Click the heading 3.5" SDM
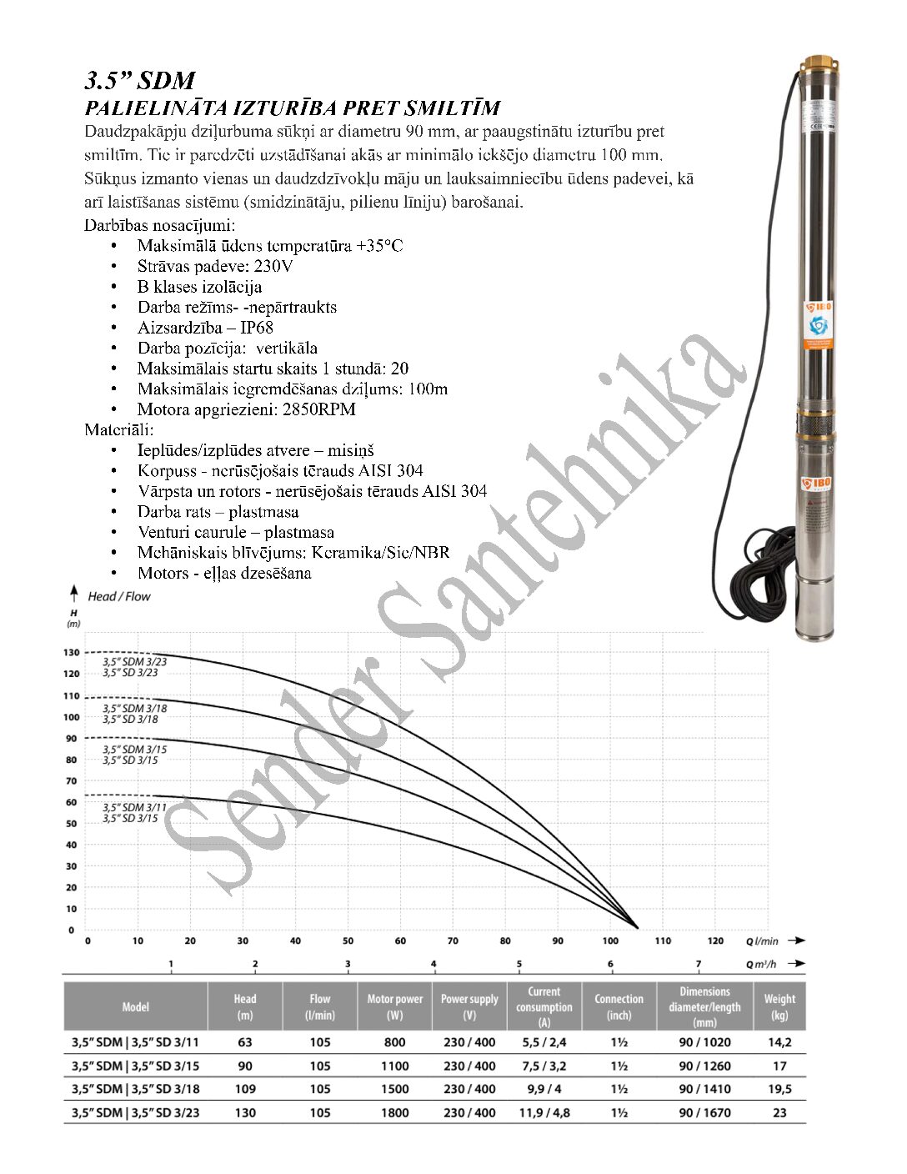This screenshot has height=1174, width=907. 139,81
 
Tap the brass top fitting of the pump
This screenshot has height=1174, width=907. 815,64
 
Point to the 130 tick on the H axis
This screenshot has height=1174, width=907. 72,653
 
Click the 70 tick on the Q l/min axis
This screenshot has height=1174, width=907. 453,941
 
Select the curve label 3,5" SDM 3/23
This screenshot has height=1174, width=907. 134,661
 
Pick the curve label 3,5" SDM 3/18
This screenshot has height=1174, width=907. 134,708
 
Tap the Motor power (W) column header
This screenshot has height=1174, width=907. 394,1006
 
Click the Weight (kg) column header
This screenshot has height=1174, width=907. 779,1006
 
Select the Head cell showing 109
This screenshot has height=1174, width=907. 245,1089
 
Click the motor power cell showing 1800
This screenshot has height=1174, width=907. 394,1112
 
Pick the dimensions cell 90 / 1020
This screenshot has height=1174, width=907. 704,1042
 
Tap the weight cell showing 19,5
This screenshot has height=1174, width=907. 779,1089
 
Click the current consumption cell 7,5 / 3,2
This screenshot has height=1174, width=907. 544,1066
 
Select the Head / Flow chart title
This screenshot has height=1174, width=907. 119,596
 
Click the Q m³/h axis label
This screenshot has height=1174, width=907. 761,964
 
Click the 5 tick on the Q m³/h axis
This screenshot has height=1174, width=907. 519,964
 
